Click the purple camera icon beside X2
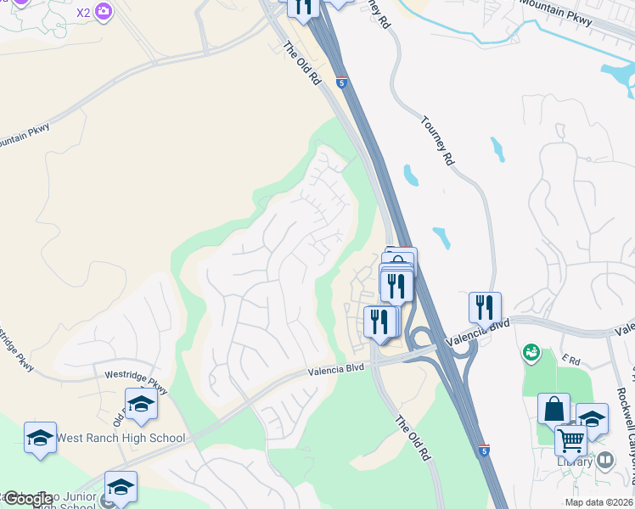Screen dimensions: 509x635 coord(104,12)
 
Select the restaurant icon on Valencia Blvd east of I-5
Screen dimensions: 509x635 coord(485,307)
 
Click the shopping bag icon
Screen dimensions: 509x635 coord(554,409)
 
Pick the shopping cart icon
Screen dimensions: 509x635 coord(570,440)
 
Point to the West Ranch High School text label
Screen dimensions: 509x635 coord(120,439)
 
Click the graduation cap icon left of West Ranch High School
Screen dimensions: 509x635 coord(40,438)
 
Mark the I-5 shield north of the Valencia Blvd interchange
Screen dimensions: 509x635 coord(340,82)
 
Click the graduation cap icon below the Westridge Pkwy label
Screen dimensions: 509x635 coord(141,404)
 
